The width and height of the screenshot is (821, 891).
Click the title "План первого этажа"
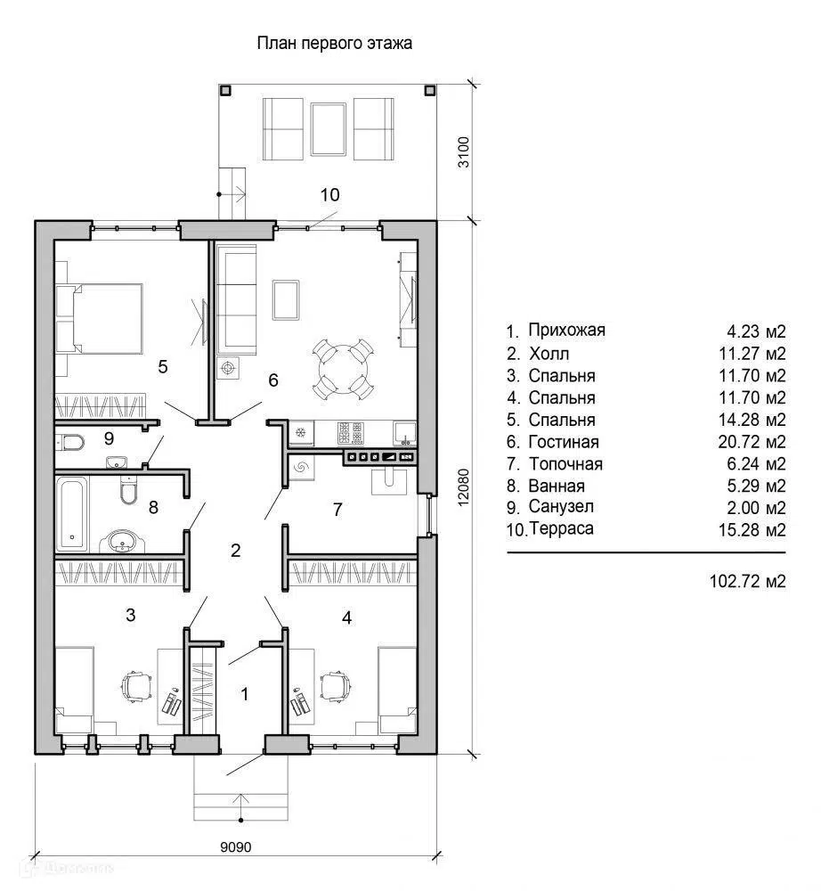[335, 44]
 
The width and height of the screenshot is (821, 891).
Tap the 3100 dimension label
[464, 152]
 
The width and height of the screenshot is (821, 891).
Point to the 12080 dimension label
[464, 487]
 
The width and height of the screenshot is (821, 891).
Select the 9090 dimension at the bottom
[236, 846]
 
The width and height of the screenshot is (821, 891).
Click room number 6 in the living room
[273, 380]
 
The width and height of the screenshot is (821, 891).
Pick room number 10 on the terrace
[329, 195]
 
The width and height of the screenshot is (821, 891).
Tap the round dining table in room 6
[343, 368]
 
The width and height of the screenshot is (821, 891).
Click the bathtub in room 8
[72, 514]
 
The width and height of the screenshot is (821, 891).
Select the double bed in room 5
[100, 319]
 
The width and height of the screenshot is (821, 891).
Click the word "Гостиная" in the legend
[564, 442]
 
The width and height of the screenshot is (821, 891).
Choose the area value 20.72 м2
[752, 442]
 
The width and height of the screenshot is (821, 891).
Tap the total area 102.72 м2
[748, 581]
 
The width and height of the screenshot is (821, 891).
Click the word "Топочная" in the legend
[565, 463]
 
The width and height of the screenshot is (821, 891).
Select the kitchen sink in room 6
[405, 433]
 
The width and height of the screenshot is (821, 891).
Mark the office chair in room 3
[136, 687]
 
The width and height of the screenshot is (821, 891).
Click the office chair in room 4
[335, 686]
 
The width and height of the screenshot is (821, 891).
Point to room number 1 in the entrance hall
[245, 694]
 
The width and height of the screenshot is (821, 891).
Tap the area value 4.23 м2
[756, 331]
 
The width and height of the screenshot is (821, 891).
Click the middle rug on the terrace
[329, 129]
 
